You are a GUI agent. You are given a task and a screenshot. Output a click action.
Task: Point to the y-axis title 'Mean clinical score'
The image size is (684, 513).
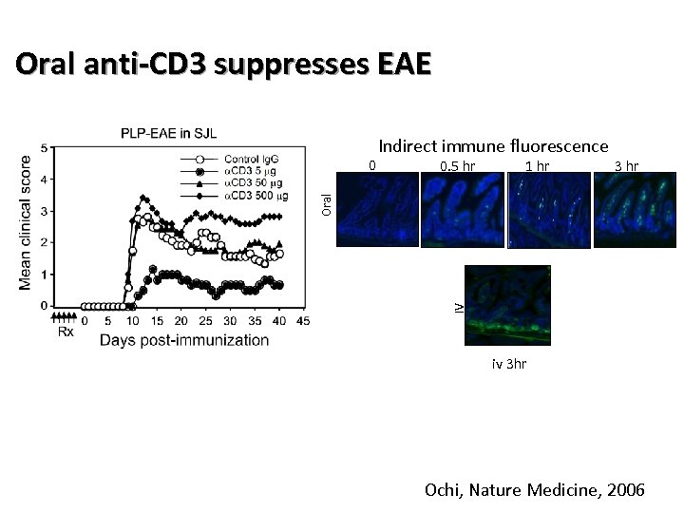click(27, 224)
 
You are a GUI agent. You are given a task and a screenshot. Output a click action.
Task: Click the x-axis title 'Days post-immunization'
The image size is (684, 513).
click(184, 340)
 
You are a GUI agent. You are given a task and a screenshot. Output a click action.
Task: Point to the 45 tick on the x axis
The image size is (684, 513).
click(303, 321)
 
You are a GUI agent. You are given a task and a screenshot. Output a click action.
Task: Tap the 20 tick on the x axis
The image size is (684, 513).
click(181, 321)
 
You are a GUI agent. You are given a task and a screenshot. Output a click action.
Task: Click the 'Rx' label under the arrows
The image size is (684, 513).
click(66, 332)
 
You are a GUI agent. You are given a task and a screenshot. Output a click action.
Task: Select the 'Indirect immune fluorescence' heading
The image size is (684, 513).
click(493, 146)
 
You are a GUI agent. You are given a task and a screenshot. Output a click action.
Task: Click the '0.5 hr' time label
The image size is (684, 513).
click(458, 167)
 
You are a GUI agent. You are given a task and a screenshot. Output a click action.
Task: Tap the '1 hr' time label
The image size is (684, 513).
click(537, 167)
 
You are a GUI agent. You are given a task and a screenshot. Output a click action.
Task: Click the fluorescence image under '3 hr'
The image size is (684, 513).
click(626, 213)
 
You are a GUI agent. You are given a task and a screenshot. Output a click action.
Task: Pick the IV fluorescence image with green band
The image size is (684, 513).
click(507, 305)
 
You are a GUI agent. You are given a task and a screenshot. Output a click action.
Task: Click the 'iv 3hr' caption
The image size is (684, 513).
click(507, 363)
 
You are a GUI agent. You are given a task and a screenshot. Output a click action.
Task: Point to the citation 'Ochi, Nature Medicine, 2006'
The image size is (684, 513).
click(535, 490)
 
